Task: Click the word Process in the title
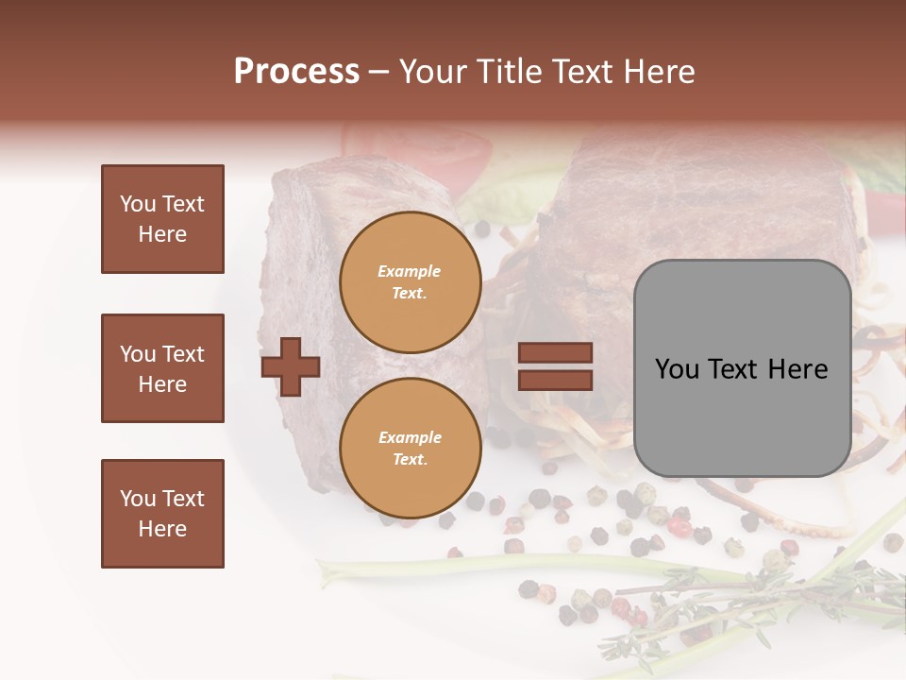coord(296,72)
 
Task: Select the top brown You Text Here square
coord(162,219)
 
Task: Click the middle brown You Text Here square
coord(162,368)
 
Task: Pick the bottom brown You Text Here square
coord(162,513)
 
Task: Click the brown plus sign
coord(291,366)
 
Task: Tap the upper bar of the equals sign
coord(555,353)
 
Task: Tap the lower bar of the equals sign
coord(555,380)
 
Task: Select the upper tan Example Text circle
coord(410,281)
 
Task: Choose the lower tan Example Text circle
coord(410,448)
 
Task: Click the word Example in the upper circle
coord(410,271)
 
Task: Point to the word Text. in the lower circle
coord(410,459)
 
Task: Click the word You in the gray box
coord(676,369)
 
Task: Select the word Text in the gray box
coord(733,369)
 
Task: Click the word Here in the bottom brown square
coord(162,529)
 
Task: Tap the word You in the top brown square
coord(138,204)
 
